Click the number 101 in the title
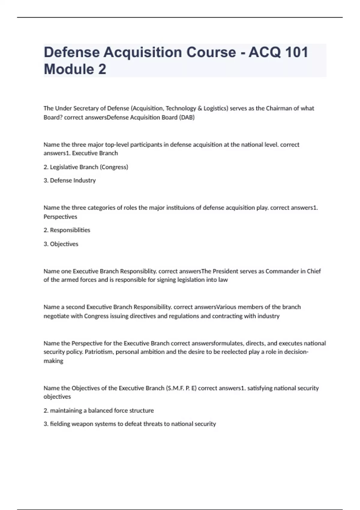[296, 52]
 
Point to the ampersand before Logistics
[200, 108]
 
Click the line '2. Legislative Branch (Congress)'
[86, 167]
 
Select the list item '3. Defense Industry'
[70, 180]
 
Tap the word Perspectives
[60, 217]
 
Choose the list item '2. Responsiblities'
[67, 230]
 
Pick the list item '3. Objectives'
[61, 244]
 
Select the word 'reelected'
[234, 352]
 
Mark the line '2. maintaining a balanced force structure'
[99, 410]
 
